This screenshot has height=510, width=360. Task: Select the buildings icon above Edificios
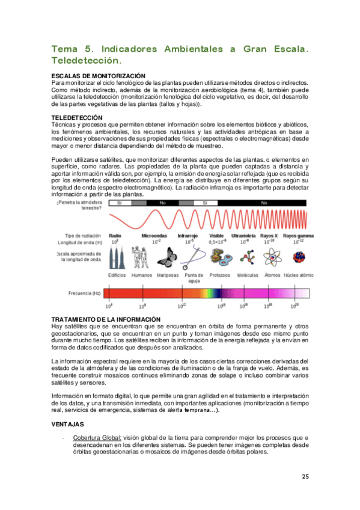click(x=116, y=257)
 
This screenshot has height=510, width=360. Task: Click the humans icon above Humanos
click(x=141, y=257)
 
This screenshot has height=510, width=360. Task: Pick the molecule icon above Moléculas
click(x=246, y=258)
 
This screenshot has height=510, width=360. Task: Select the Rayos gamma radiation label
click(x=297, y=235)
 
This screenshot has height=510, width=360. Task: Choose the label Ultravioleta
click(x=245, y=235)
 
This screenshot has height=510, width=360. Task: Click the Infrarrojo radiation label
click(x=187, y=235)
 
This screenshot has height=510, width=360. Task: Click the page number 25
click(x=305, y=477)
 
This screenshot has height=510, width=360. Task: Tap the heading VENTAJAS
click(x=67, y=425)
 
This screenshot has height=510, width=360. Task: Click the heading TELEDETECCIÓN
click(x=77, y=117)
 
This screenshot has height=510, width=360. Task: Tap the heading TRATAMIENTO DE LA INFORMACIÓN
click(x=106, y=318)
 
